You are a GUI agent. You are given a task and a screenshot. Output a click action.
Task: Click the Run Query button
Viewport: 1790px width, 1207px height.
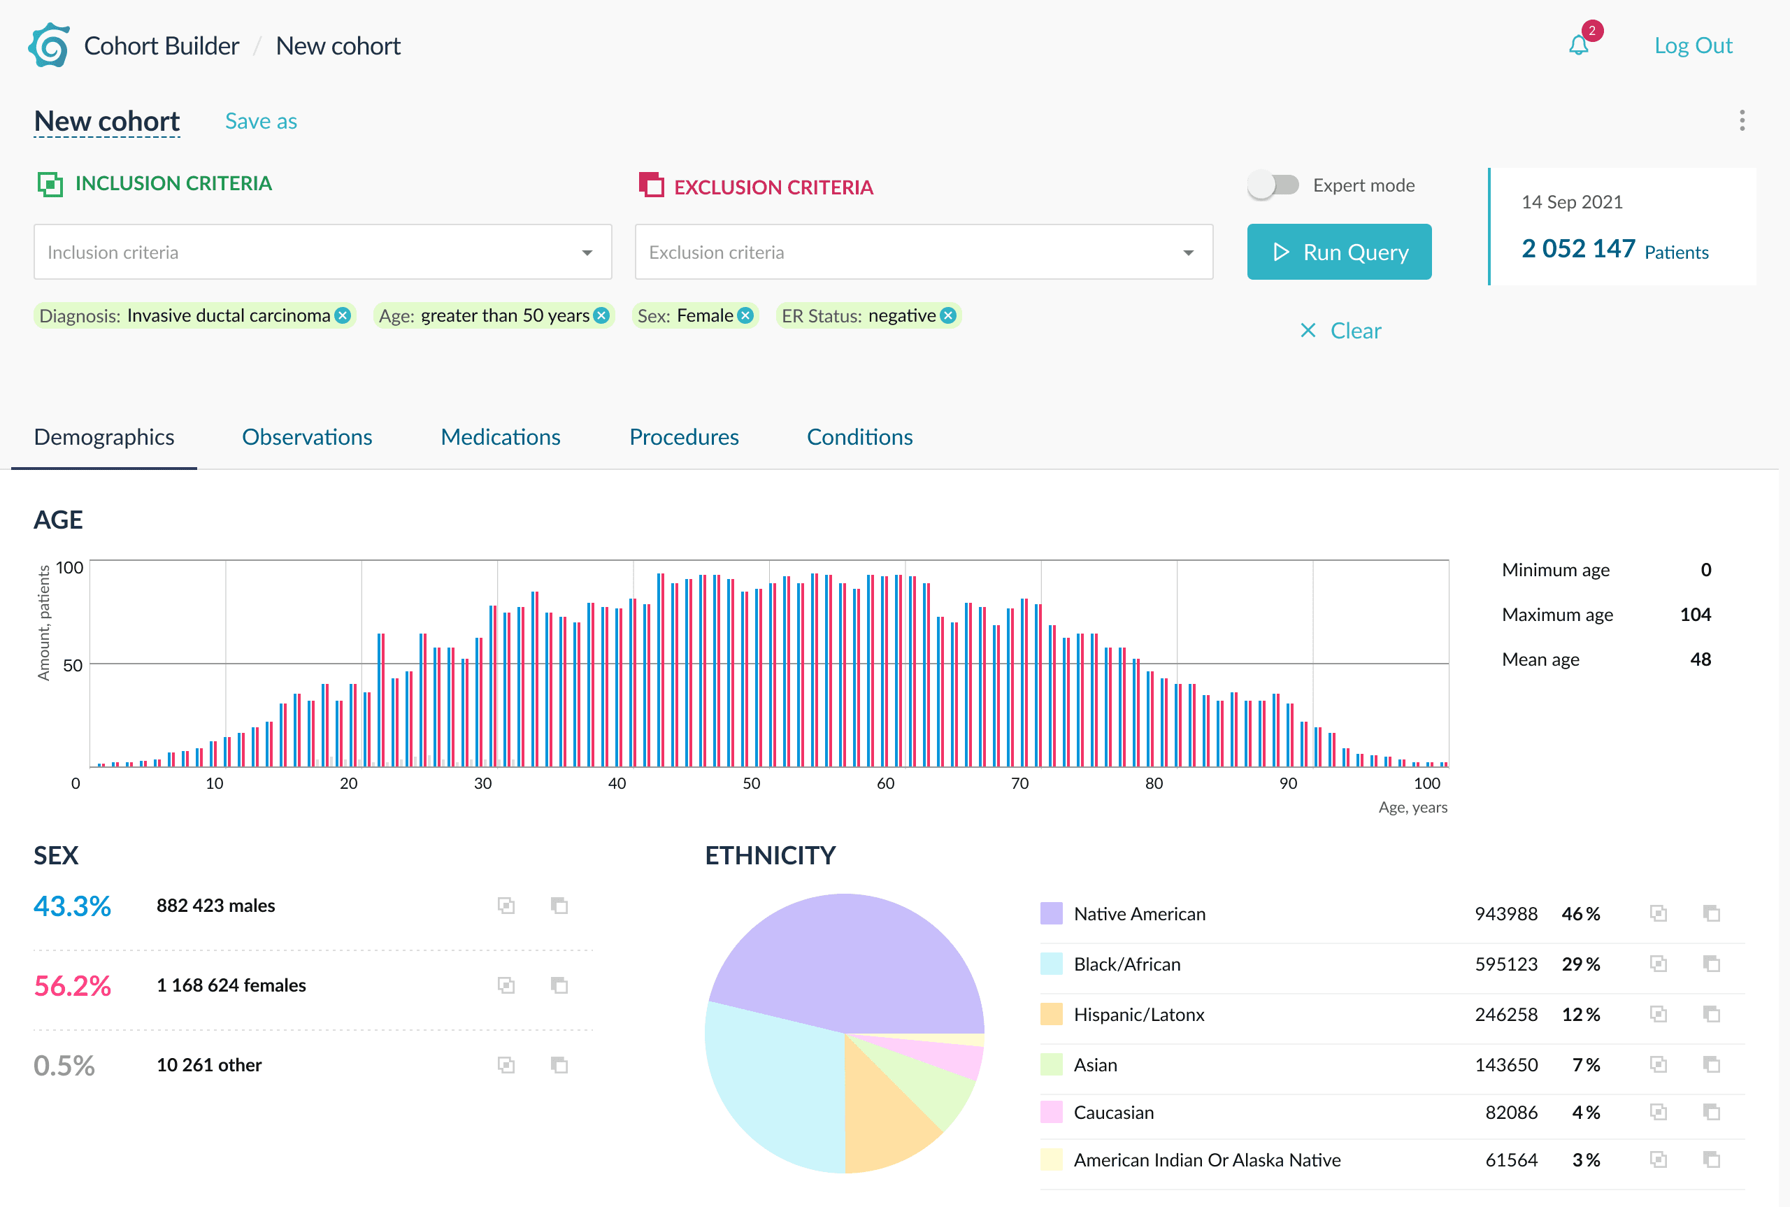[x=1338, y=252]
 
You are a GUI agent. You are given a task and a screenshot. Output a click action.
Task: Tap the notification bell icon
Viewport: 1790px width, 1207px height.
[x=1578, y=45]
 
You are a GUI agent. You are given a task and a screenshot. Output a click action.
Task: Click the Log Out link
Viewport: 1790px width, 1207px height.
[x=1693, y=45]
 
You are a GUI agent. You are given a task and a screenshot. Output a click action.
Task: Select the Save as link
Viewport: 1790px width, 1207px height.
[x=261, y=121]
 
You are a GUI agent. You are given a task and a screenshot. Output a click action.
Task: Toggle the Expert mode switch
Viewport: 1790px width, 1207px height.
[x=1273, y=185]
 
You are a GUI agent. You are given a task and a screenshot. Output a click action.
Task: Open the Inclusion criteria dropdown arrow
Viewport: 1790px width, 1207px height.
[x=587, y=252]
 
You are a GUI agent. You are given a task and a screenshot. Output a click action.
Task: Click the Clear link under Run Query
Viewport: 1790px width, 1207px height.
[x=1340, y=331]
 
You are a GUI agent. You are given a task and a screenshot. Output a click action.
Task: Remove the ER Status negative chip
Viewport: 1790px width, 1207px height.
[x=948, y=315]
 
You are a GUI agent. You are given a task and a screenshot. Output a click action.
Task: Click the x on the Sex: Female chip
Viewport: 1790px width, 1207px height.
[x=745, y=315]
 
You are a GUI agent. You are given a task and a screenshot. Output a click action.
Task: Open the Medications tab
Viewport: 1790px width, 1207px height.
[x=500, y=437]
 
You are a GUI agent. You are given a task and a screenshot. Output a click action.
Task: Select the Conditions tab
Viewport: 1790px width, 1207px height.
[x=859, y=437]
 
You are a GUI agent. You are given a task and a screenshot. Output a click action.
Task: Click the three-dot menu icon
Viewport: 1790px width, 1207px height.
[x=1742, y=120]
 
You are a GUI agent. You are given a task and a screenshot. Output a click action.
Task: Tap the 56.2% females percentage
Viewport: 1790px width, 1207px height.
[x=72, y=986]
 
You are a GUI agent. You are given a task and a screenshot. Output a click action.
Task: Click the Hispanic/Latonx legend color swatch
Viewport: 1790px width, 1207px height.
[x=1051, y=1015]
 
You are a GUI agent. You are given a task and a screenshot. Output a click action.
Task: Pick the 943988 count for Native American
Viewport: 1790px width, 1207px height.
[x=1505, y=914]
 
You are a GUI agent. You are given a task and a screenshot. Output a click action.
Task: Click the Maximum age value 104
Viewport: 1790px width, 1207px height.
[x=1696, y=614]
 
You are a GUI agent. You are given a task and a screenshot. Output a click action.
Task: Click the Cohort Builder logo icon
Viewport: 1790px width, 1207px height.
[x=49, y=45]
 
